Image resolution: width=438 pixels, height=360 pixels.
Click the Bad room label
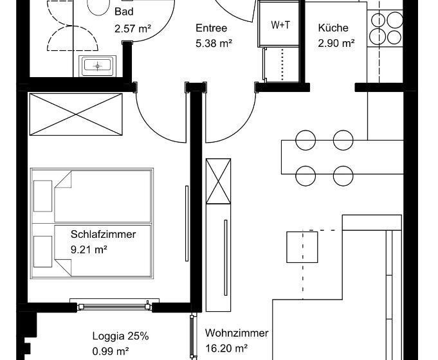click(123, 12)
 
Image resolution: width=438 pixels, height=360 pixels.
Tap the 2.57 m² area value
click(132, 28)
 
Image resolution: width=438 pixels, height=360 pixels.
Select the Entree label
click(211, 28)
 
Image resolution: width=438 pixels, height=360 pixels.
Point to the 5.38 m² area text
click(214, 44)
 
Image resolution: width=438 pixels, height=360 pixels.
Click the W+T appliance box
click(280, 24)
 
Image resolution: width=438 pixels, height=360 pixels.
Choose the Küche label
click(333, 28)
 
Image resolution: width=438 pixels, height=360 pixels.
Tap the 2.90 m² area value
click(336, 44)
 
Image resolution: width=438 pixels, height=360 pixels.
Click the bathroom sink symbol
click(97, 66)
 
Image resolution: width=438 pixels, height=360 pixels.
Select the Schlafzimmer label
click(104, 234)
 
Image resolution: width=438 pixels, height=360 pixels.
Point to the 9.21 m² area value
click(89, 249)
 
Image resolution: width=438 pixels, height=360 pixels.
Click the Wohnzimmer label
click(237, 333)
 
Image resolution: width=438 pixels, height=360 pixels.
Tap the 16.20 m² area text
click(226, 349)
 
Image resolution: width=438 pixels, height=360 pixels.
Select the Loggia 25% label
click(120, 336)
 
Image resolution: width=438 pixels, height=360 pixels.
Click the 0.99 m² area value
click(111, 351)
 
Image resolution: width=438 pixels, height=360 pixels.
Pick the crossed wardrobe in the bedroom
click(76, 114)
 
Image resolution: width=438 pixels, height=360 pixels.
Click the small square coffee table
click(302, 246)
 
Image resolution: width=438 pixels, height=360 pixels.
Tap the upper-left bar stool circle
click(305, 140)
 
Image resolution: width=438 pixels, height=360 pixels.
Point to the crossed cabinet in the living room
click(217, 181)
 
